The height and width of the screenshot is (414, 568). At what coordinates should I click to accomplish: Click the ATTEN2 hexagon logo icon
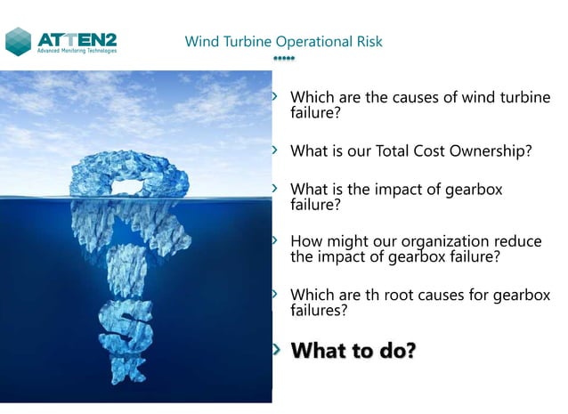point(19,41)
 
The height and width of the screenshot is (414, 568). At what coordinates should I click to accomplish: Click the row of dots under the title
point(283,59)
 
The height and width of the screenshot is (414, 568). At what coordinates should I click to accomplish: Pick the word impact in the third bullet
point(406,190)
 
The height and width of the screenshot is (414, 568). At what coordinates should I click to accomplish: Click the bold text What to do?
point(353,350)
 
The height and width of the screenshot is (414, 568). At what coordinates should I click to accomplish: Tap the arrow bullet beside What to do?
point(276,350)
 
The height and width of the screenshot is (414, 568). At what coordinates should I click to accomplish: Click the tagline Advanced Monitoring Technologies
point(76,51)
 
